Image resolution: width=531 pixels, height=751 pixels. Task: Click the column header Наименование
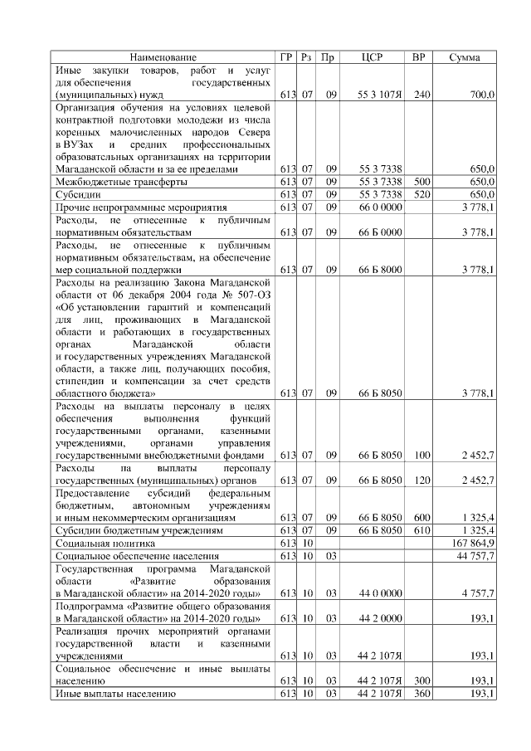click(x=163, y=57)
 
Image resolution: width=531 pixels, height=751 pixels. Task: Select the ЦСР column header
click(x=372, y=57)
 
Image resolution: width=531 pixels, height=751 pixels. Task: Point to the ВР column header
click(x=419, y=57)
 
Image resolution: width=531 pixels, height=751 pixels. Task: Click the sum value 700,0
click(x=482, y=95)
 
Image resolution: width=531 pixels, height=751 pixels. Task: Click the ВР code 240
click(x=421, y=95)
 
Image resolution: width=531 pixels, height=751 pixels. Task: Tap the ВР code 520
click(x=421, y=193)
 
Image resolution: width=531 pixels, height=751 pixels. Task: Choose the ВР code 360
click(x=421, y=693)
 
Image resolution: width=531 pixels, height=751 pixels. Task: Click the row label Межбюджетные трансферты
click(x=120, y=181)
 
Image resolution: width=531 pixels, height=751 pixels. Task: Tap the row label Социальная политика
click(x=100, y=542)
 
